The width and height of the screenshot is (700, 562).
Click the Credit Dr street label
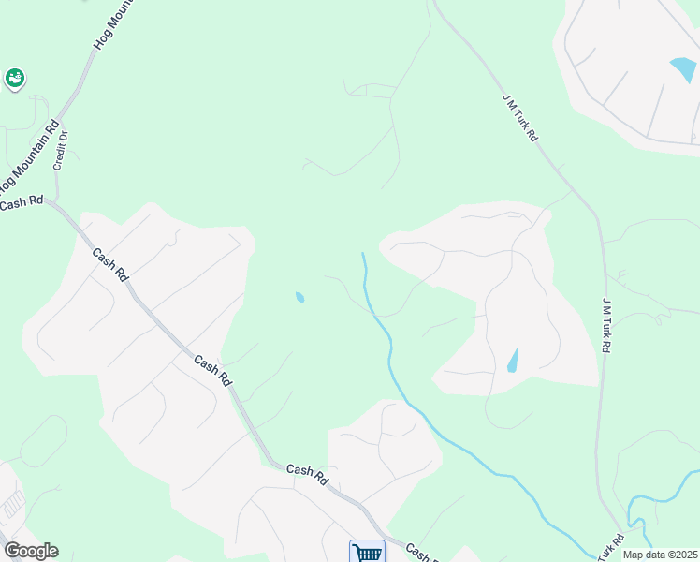pos(63,149)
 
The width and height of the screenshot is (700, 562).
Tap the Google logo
pos(31,551)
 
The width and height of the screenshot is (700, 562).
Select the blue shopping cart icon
pos(367,552)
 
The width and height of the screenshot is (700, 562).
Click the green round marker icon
pos(15,80)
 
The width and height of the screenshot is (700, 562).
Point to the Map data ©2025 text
pos(660,555)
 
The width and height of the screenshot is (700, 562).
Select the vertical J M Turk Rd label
pos(606,324)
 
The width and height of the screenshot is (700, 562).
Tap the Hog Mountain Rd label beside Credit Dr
pos(34,155)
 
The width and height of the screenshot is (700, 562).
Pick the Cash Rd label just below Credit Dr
pos(22,202)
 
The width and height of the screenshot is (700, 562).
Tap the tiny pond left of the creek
pos(299,298)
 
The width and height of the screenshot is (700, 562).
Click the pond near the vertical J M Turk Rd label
pos(512,360)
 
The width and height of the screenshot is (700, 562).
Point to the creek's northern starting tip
pos(363,254)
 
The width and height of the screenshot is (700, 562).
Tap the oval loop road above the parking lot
pos(42,441)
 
